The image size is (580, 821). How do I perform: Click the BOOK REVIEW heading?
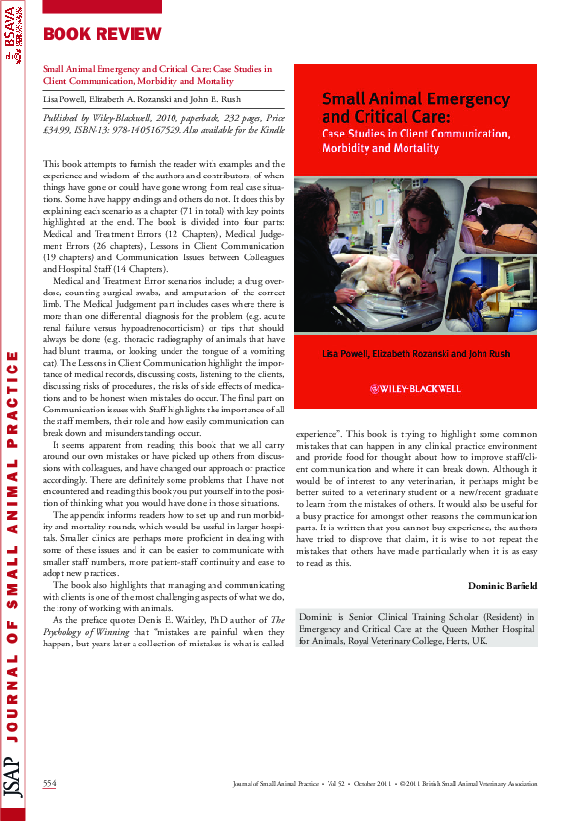pyautogui.click(x=102, y=35)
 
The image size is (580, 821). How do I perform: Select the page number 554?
pyautogui.click(x=50, y=783)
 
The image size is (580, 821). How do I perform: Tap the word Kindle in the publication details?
pyautogui.click(x=273, y=130)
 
